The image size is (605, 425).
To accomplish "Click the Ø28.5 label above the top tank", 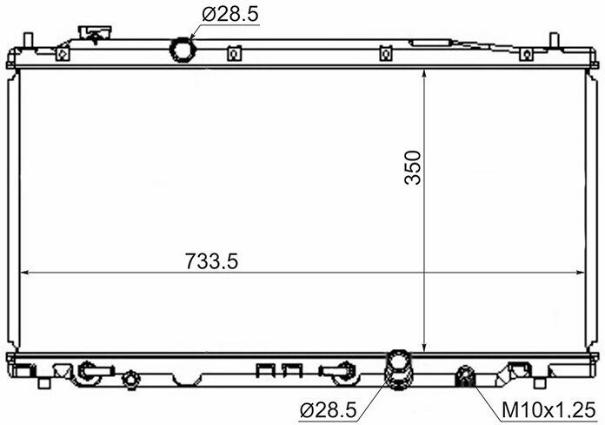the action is click(230, 15).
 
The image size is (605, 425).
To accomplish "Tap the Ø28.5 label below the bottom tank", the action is click(329, 410).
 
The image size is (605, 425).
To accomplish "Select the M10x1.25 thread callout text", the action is click(549, 410).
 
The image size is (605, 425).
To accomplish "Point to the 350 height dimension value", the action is click(413, 167).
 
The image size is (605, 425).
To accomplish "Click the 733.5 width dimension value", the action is click(211, 261).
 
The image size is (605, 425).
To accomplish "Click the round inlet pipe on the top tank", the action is click(183, 50).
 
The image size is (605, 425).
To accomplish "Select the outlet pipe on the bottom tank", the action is click(399, 370).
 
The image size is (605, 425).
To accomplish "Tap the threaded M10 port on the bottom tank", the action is click(466, 376).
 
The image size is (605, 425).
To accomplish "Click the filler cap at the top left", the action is click(95, 33).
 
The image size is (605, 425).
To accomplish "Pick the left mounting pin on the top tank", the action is click(29, 39).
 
